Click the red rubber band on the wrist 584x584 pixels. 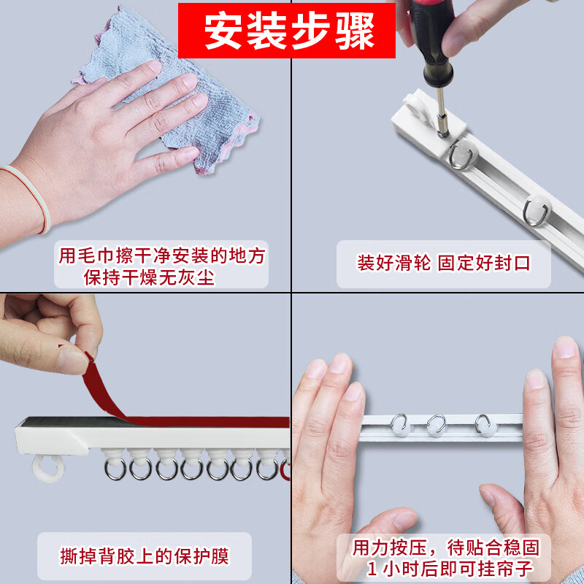pos(29,197)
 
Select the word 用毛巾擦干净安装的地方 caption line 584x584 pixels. pos(161,256)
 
